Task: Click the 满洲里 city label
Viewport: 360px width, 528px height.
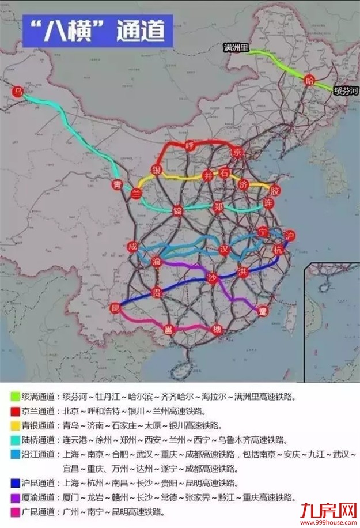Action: point(235,48)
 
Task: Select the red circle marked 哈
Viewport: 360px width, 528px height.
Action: point(310,81)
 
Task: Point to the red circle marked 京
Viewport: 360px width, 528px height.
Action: point(235,152)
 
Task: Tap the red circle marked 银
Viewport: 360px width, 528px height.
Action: point(155,169)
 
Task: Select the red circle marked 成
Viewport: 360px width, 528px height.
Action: point(133,247)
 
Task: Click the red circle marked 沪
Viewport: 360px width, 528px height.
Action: point(290,235)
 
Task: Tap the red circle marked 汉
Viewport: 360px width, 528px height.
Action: point(225,250)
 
